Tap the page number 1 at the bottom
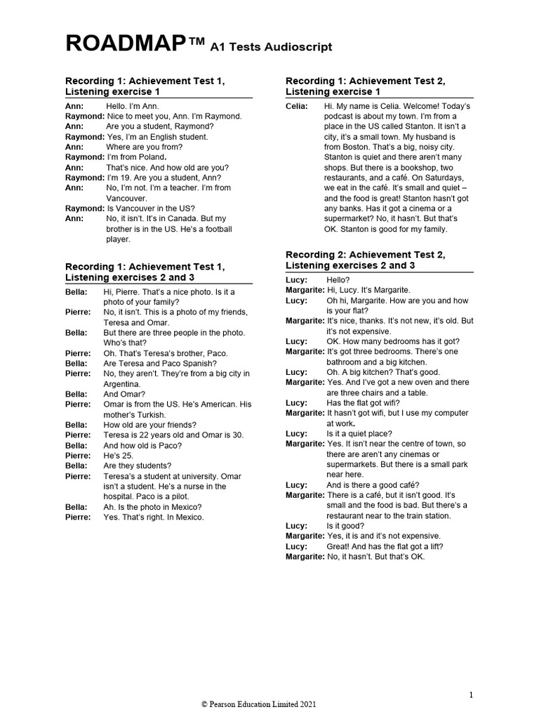click(x=471, y=694)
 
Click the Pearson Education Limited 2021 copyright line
click(x=262, y=703)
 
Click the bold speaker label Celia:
click(x=297, y=106)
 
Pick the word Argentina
click(x=124, y=384)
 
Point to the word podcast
click(x=340, y=116)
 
